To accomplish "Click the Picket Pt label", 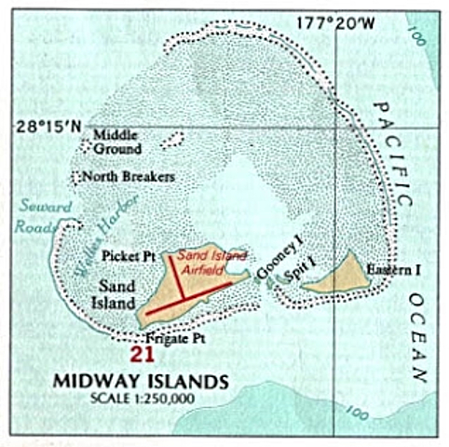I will tap(126, 253).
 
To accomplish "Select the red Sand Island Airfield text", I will tap(206, 260).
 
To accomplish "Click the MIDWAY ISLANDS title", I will tap(140, 381).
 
